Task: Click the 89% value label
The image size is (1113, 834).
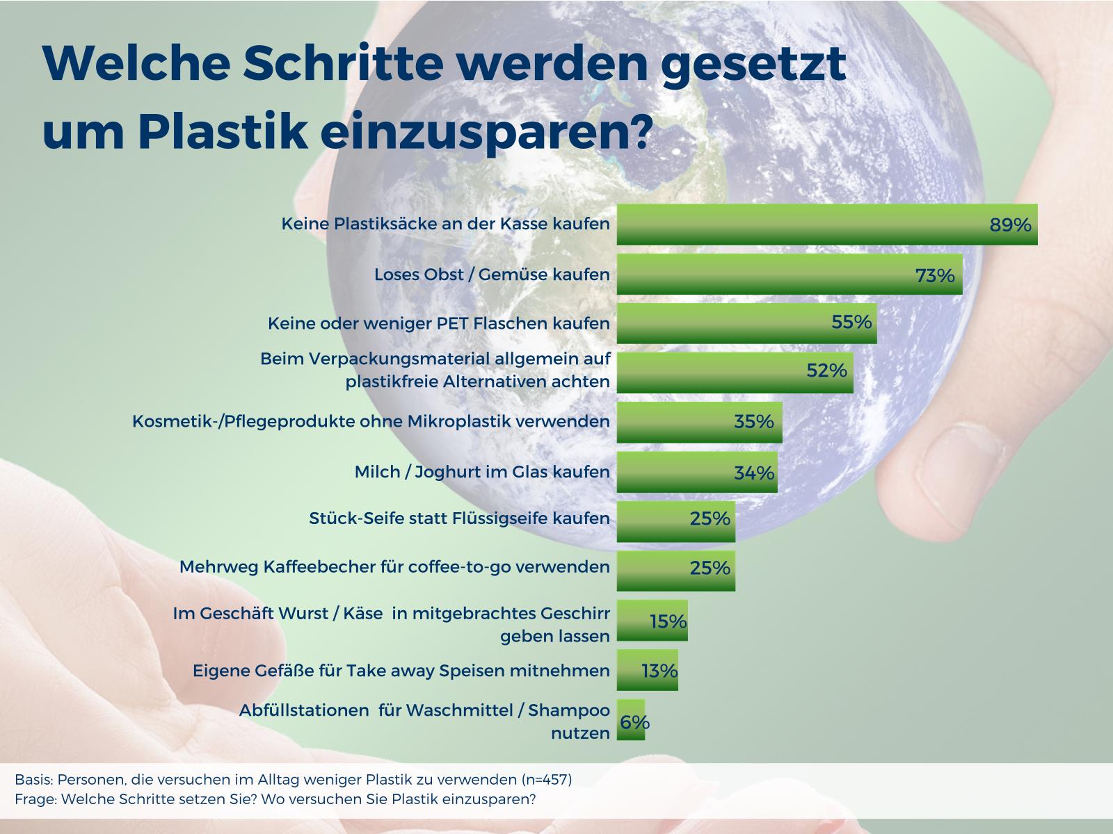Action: coord(1010,224)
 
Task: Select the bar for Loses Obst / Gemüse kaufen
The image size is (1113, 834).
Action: coord(790,274)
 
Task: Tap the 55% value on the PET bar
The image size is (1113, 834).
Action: coord(851,322)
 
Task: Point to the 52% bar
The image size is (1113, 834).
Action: coord(735,373)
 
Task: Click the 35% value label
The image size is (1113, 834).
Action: coord(753,420)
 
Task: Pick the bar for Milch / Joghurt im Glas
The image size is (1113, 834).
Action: coord(697,471)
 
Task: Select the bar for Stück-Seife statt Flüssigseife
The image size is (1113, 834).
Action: coord(676,521)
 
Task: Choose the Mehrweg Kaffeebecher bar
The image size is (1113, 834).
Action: coord(676,571)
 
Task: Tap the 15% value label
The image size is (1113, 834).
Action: coord(668,621)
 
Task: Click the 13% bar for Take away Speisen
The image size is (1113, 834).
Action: coord(647,670)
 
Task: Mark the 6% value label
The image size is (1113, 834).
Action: coord(634,721)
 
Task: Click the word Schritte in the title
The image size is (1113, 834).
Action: coord(344,63)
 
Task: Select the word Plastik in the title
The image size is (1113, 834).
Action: coord(223,131)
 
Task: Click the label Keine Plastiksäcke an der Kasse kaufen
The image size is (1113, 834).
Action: coord(445,223)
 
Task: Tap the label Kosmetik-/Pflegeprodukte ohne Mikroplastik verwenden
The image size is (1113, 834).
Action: coord(371,421)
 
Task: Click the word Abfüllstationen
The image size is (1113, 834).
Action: coord(304,710)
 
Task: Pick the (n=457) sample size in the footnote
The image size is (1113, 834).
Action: coord(546,780)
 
